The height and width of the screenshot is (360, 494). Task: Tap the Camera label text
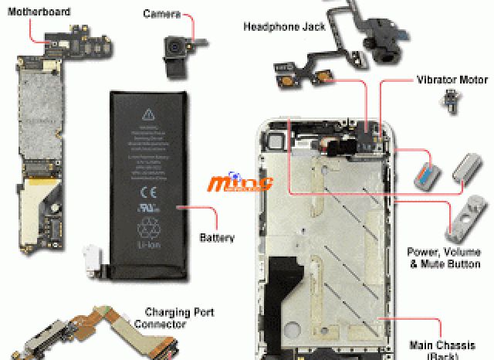pyautogui.click(x=161, y=14)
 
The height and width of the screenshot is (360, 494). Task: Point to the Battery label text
pyautogui.click(x=217, y=238)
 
